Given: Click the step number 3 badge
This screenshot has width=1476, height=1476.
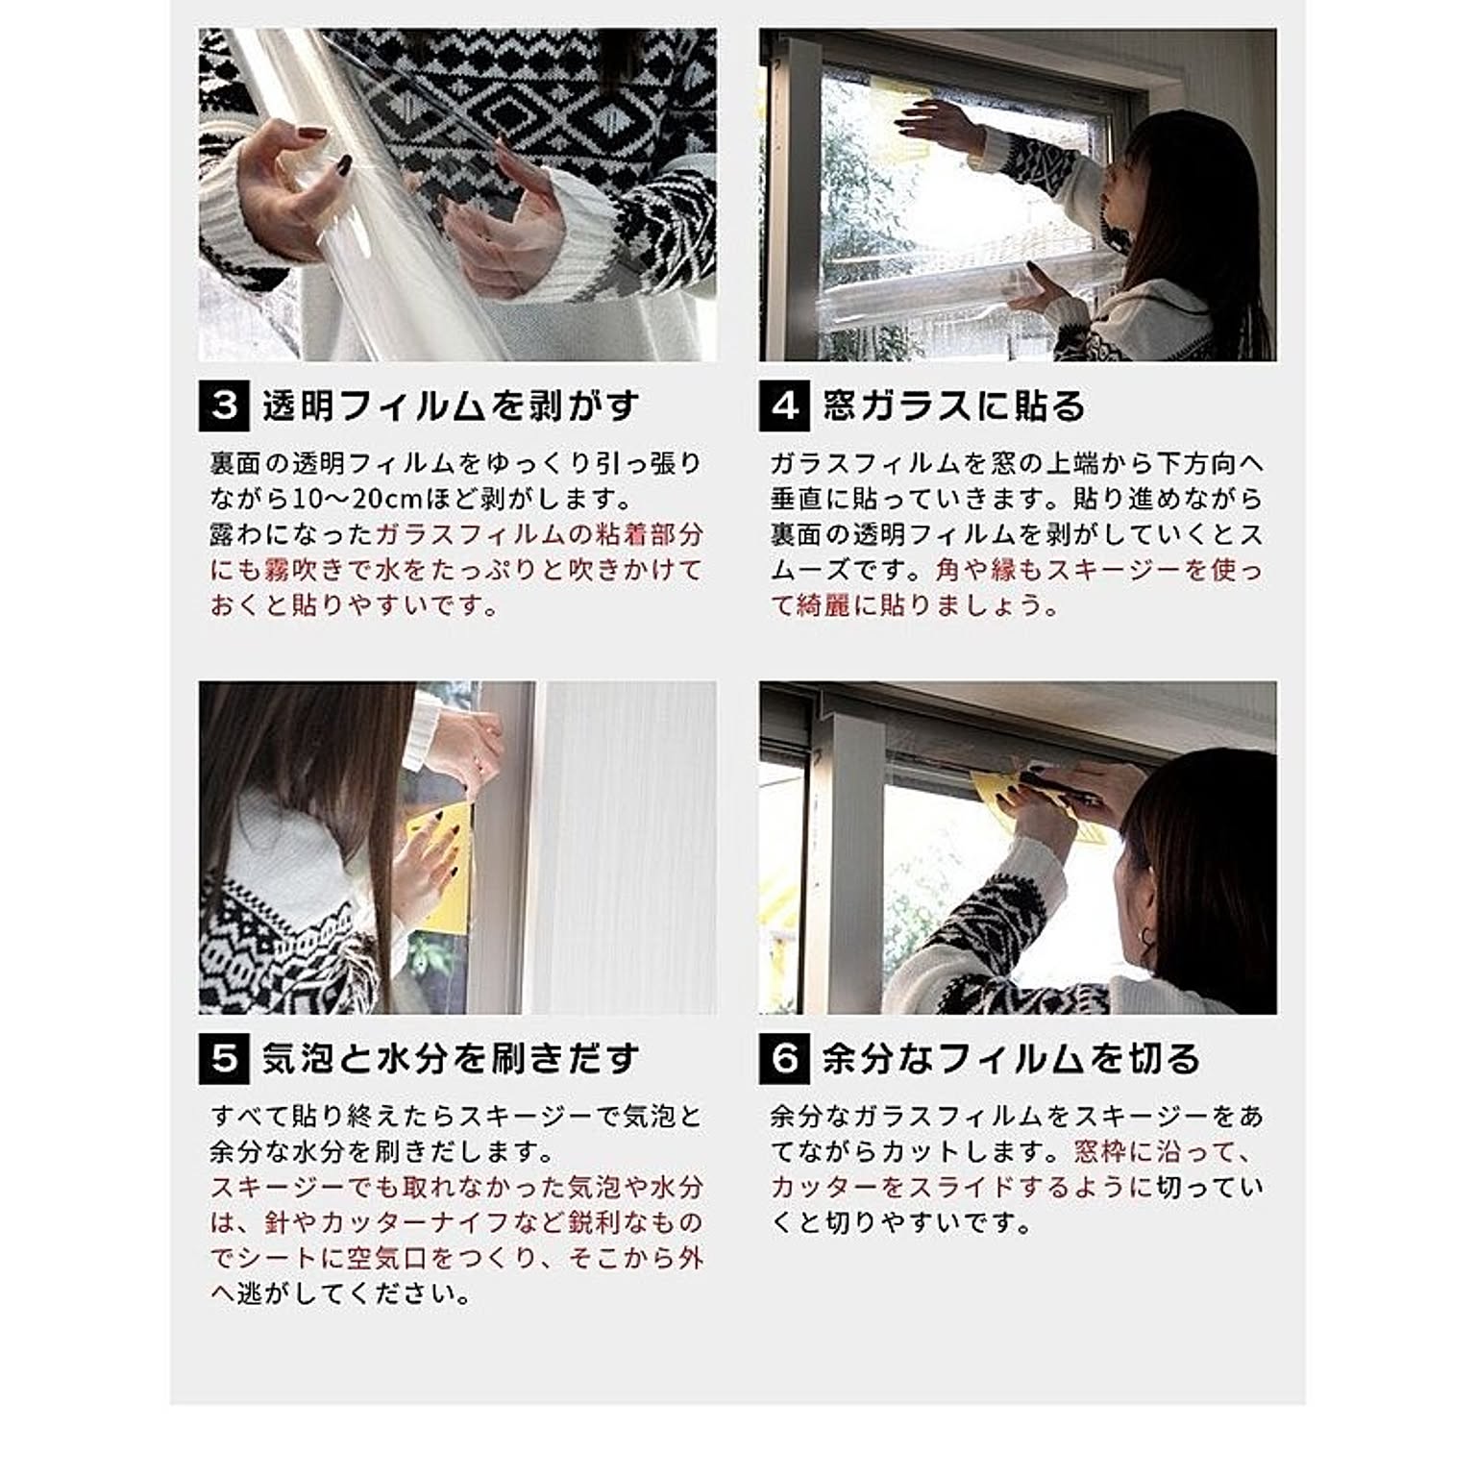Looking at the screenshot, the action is coord(224,406).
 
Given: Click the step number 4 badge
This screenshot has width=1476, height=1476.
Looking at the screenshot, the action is coord(784,406).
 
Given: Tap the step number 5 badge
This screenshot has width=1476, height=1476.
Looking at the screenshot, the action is coord(224,1059).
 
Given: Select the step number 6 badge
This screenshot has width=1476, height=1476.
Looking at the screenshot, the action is coord(784,1059).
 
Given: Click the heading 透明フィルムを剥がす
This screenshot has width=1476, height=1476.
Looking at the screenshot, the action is coord(451,406).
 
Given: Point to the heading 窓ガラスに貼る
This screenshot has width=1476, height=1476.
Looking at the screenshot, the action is coord(954,406).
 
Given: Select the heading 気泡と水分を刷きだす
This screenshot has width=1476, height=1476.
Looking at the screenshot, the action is coord(451,1059).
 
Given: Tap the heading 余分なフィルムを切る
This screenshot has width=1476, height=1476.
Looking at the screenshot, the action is coord(1012,1059).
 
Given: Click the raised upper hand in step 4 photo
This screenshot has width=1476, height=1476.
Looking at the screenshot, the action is coord(942,125).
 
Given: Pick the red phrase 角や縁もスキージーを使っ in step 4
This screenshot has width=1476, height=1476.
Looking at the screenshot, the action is coord(1099,571).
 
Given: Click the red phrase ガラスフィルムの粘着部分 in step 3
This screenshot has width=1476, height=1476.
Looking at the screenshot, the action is coord(539,535).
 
